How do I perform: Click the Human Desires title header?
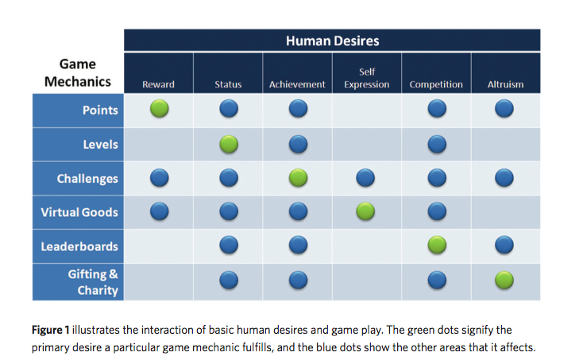(x=332, y=41)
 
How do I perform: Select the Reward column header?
(x=158, y=84)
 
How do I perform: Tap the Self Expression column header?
(x=367, y=78)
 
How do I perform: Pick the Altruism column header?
(x=505, y=84)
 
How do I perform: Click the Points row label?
(x=100, y=110)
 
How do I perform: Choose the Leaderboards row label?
(x=79, y=246)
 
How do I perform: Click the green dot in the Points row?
(x=159, y=110)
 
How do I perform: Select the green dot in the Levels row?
(x=229, y=144)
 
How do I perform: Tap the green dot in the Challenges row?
(x=298, y=178)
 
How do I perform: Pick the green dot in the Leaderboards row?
(x=436, y=246)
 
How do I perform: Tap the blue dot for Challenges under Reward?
(x=159, y=178)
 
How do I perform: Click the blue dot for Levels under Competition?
(x=436, y=144)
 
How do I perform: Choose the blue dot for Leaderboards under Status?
(x=229, y=246)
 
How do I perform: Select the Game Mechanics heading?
(x=78, y=73)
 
